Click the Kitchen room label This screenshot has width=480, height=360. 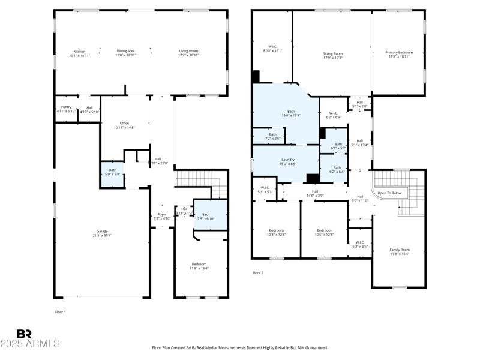[x=79, y=51]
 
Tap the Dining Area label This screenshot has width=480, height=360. [x=125, y=51]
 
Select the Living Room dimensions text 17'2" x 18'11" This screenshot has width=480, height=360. [x=188, y=55]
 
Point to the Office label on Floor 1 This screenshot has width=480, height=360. [x=124, y=123]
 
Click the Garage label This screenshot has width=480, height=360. [x=102, y=231]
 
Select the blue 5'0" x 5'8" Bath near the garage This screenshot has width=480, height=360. [x=112, y=173]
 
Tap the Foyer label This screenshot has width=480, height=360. [x=162, y=214]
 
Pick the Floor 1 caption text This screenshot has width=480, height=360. [x=61, y=312]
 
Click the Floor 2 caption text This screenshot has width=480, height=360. [x=258, y=273]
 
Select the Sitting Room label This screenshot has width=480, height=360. [x=332, y=53]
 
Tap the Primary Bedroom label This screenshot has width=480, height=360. [x=399, y=53]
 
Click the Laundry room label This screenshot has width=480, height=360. [x=287, y=160]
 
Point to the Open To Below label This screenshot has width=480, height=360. [x=389, y=193]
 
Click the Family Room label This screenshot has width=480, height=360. [x=400, y=250]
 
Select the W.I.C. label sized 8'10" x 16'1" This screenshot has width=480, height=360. [x=272, y=47]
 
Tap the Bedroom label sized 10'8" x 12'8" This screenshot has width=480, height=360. [x=276, y=230]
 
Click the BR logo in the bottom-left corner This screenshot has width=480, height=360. [x=24, y=334]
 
